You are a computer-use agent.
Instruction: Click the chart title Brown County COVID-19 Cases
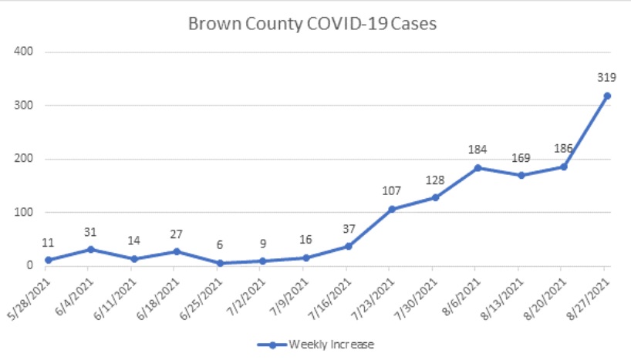(312, 24)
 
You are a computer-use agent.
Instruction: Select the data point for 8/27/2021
(607, 96)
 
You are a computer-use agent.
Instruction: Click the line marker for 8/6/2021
(478, 167)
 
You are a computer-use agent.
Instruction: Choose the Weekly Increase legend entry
(316, 344)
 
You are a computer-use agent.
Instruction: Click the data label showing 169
(521, 158)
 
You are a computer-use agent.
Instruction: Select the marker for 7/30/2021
(435, 197)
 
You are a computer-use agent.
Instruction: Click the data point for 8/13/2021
(521, 175)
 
